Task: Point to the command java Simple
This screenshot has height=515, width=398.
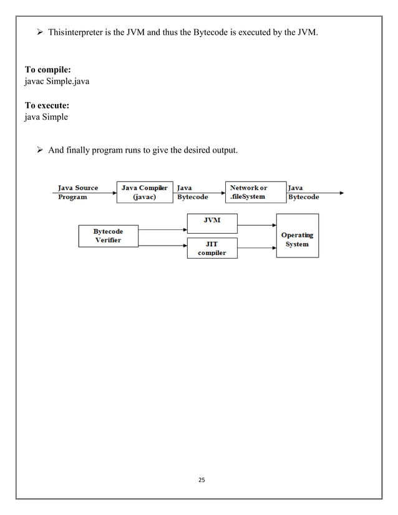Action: click(x=46, y=117)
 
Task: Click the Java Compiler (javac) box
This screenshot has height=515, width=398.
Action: click(x=145, y=192)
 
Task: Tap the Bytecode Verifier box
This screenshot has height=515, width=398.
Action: click(x=108, y=236)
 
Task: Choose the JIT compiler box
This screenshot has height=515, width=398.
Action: click(x=211, y=248)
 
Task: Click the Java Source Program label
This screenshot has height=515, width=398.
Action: click(x=77, y=192)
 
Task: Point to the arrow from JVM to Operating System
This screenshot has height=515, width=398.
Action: click(x=256, y=224)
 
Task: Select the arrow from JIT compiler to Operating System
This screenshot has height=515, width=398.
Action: click(x=256, y=248)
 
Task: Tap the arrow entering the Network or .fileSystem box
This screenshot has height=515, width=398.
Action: click(x=216, y=193)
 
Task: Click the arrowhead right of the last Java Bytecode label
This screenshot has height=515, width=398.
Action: click(x=341, y=193)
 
